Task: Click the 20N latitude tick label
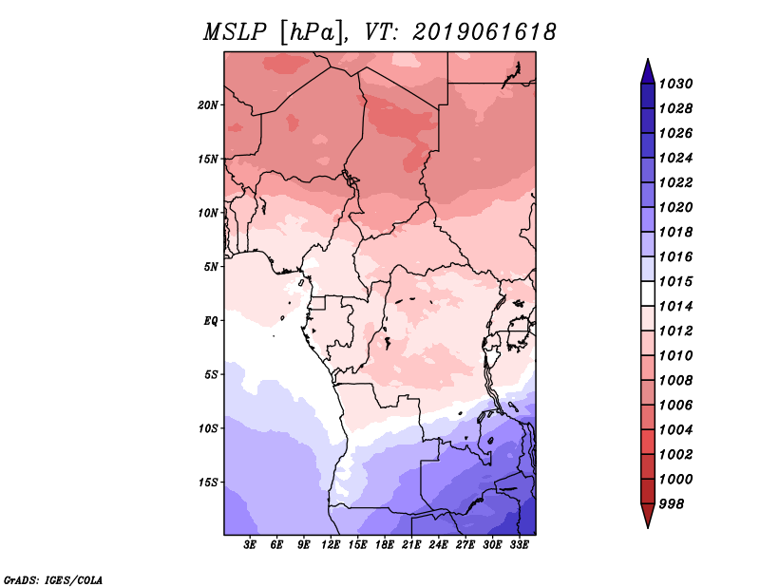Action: point(208,105)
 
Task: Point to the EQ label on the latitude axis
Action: point(211,321)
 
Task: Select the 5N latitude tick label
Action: point(211,267)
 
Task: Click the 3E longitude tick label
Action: point(250,545)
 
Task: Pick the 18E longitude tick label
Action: point(385,545)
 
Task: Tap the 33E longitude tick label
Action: point(519,545)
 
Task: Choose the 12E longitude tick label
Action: point(331,545)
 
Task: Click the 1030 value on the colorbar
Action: point(676,84)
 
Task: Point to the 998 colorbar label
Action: point(672,504)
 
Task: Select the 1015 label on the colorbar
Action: point(676,281)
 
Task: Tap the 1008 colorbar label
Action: point(676,381)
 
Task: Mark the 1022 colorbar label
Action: point(676,182)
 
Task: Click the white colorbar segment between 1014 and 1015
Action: point(648,293)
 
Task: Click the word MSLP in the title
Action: point(235,32)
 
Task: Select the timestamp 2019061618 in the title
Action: point(484,32)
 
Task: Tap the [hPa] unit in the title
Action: point(313,33)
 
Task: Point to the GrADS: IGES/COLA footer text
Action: point(53,579)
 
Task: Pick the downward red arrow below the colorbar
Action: point(648,515)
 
